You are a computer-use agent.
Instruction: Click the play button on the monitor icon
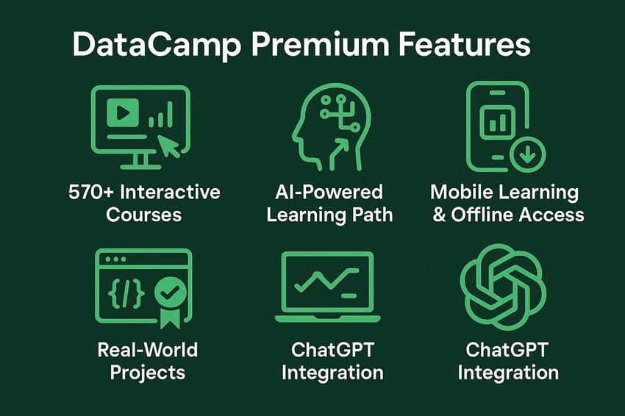pyautogui.click(x=123, y=112)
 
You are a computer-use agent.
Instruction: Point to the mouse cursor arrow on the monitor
pyautogui.click(x=170, y=145)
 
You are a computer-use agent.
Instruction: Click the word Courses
pyautogui.click(x=144, y=215)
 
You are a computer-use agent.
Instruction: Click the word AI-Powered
pyautogui.click(x=329, y=193)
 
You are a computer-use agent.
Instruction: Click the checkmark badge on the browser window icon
pyautogui.click(x=171, y=293)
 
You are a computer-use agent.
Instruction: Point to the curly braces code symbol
pyautogui.click(x=126, y=293)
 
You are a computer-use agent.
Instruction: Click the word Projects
pyautogui.click(x=147, y=372)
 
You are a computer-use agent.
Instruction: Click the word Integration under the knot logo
pyautogui.click(x=508, y=372)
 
